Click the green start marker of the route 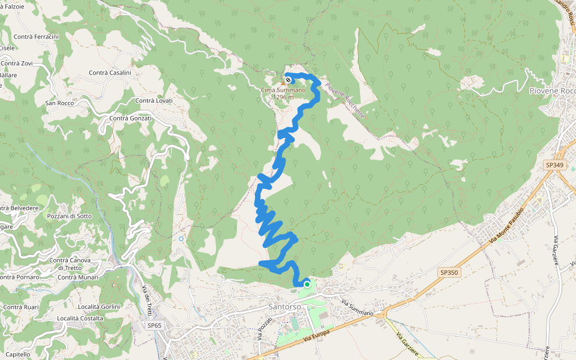coord(307,284)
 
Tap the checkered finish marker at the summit coord(289,80)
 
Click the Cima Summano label coord(283,90)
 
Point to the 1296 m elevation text coord(283,97)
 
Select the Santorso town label coord(284,306)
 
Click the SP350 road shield coord(449,272)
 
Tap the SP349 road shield coord(556,164)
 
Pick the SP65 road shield coord(154,325)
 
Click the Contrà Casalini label coord(110,73)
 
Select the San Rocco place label coord(59,103)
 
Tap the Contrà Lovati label coord(154,100)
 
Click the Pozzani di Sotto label coord(69,216)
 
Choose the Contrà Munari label coord(78,277)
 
